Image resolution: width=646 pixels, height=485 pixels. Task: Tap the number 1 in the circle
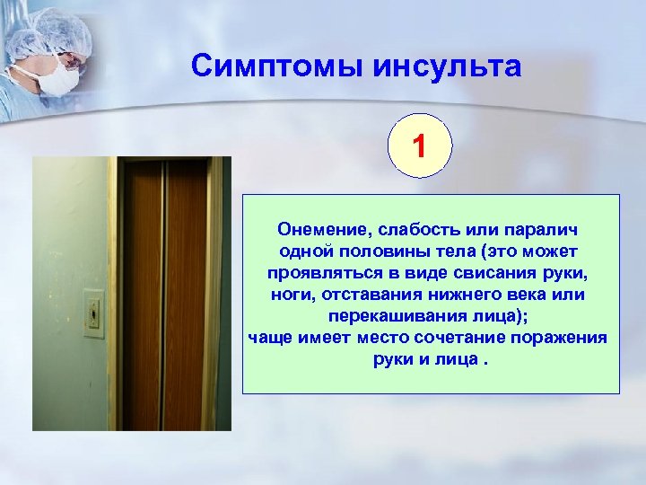[421, 146]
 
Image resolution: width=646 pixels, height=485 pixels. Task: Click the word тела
[442, 250]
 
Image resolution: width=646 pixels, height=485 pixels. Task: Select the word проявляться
[317, 272]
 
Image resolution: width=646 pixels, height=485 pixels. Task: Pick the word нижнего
[468, 294]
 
